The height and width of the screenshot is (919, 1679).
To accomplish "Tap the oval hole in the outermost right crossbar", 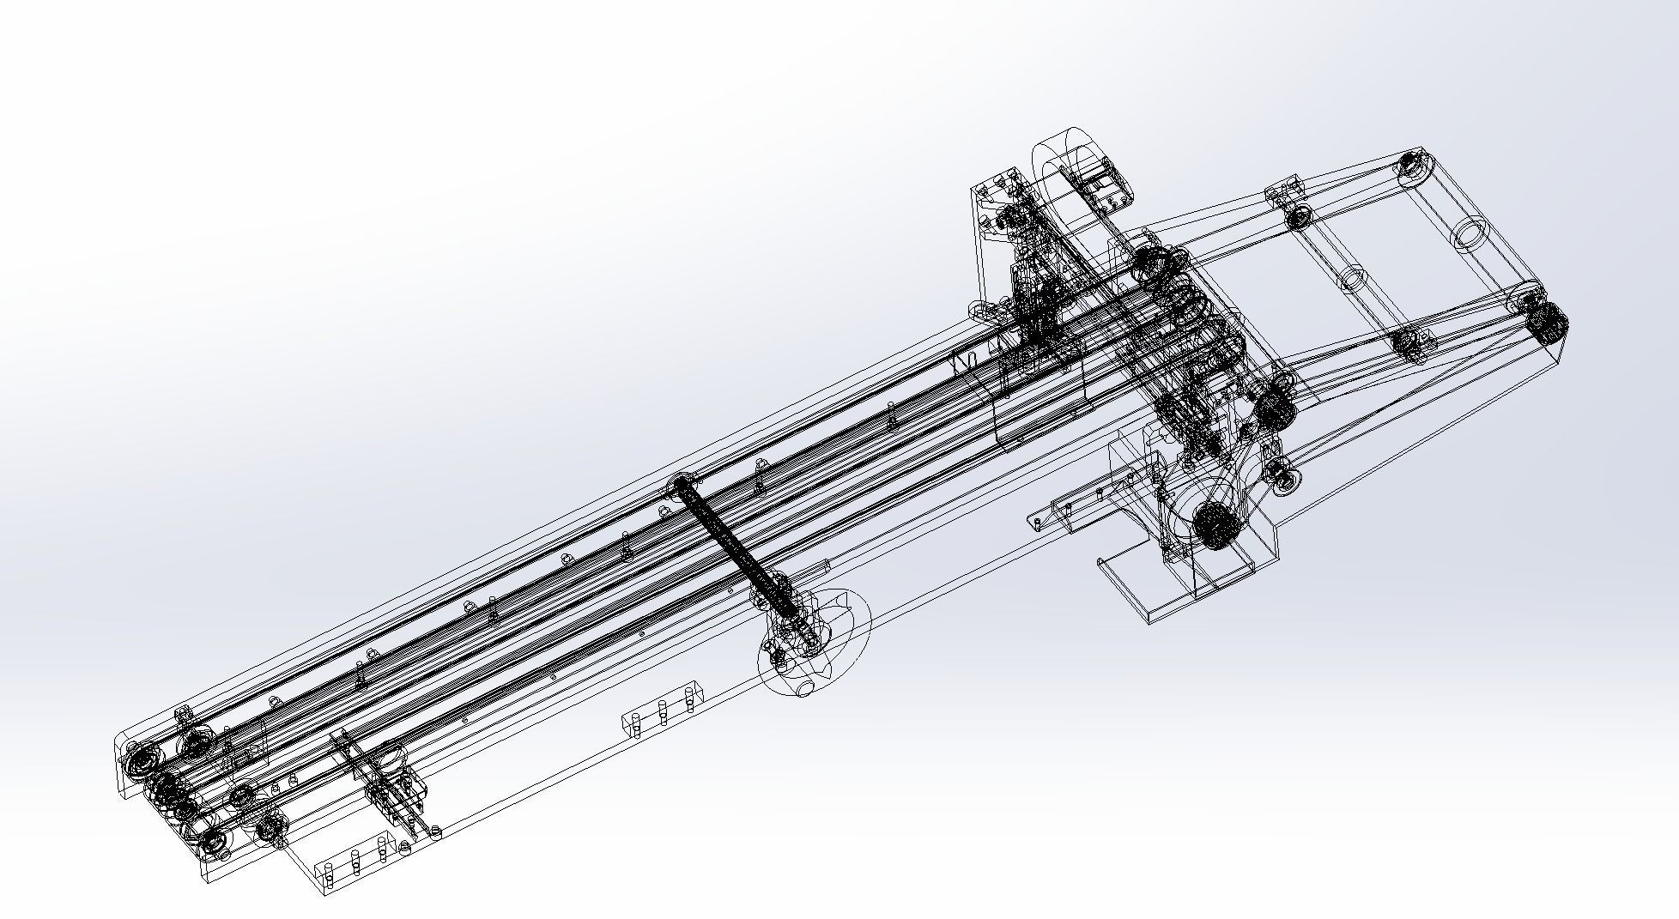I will click(x=1469, y=233).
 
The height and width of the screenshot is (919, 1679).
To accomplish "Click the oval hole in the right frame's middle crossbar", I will click(x=1352, y=279).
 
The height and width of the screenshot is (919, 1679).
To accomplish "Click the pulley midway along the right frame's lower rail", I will click(x=1408, y=343).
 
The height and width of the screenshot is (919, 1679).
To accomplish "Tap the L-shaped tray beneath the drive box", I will click(x=1142, y=592).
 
